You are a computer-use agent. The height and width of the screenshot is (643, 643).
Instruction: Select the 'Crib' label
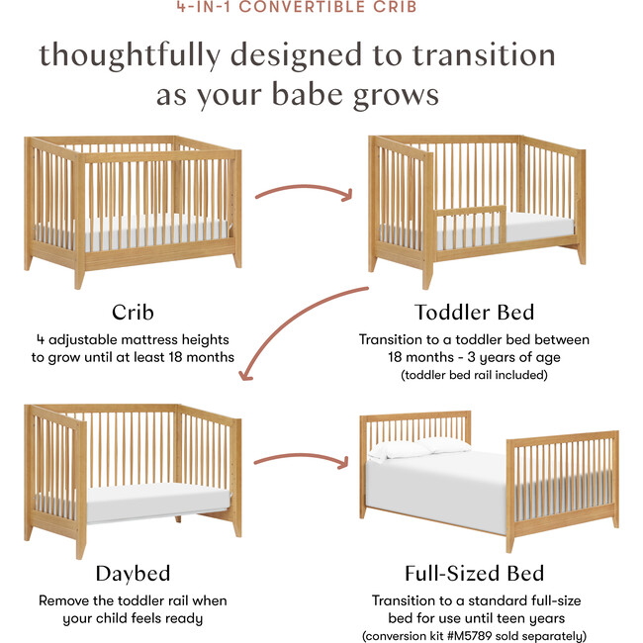point(133,312)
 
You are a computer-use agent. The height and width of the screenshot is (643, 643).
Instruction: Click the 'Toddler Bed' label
point(475,312)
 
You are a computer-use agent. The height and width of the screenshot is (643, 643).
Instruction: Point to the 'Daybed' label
point(133,573)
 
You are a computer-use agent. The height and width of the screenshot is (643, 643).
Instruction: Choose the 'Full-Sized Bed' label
point(475,573)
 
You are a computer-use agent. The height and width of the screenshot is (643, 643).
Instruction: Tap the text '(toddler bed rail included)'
point(475,375)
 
